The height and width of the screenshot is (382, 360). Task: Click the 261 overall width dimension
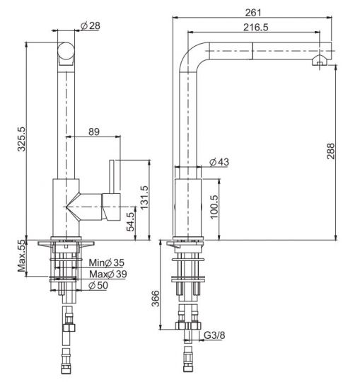tap(252, 13)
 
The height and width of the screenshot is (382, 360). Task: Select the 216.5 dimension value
tap(256, 28)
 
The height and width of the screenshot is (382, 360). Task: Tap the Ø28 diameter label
tap(91, 26)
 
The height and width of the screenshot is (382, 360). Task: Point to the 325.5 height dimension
tap(22, 139)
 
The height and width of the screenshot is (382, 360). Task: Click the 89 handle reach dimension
tap(94, 132)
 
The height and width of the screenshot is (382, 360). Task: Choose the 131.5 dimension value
tap(144, 197)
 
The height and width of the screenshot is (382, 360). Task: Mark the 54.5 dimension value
tap(131, 221)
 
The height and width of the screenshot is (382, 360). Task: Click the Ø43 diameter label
tap(219, 162)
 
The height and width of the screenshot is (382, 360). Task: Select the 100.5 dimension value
tap(214, 207)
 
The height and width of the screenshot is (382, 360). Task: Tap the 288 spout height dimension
tap(331, 151)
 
